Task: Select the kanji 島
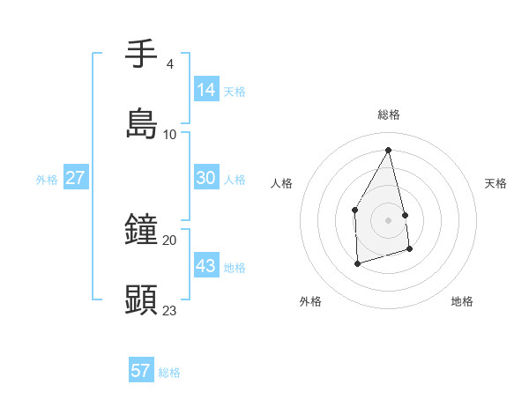click(142, 123)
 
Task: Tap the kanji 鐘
click(142, 231)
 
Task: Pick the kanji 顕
click(142, 299)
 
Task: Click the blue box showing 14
click(206, 89)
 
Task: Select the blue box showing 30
click(206, 178)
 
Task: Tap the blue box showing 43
click(206, 266)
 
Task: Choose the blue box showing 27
click(76, 178)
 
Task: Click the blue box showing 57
click(141, 371)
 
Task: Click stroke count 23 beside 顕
click(169, 310)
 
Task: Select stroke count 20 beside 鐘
click(169, 240)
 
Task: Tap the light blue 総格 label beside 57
click(169, 373)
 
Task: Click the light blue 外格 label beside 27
click(47, 179)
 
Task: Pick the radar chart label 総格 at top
click(389, 115)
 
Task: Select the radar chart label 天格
click(495, 183)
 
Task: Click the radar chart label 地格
click(462, 301)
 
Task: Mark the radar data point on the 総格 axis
click(388, 149)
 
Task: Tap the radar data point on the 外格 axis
click(357, 263)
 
